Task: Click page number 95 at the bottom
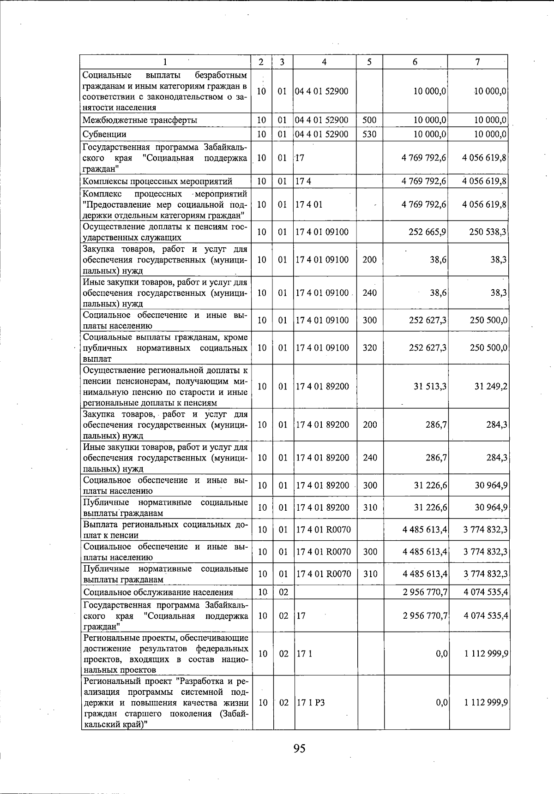click(x=299, y=748)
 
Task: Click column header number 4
click(x=325, y=62)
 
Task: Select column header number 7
click(x=478, y=62)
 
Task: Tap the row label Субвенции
click(x=104, y=134)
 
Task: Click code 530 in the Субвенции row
click(x=369, y=134)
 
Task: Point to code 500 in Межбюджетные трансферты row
click(x=369, y=120)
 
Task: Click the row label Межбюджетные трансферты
click(x=140, y=120)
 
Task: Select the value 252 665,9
click(x=428, y=232)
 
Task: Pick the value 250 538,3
click(x=488, y=232)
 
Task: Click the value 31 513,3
click(x=430, y=386)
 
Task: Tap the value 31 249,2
click(x=491, y=386)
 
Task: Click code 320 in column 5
click(x=370, y=348)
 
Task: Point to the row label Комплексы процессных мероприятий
click(x=157, y=181)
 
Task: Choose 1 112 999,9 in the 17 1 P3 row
click(x=486, y=702)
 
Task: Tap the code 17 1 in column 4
click(x=304, y=654)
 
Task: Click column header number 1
click(x=165, y=62)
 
